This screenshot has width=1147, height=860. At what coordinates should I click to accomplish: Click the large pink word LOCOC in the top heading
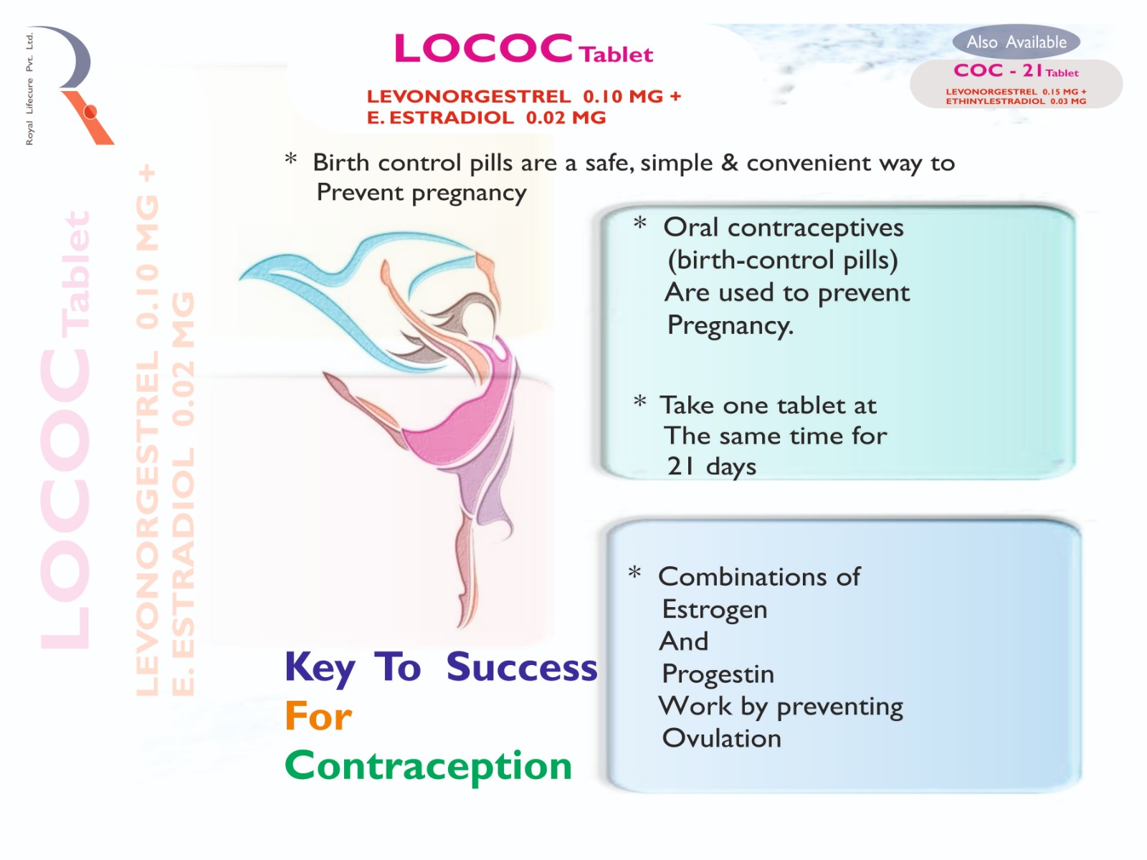point(483,48)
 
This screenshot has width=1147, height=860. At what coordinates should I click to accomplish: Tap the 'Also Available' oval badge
point(1017,42)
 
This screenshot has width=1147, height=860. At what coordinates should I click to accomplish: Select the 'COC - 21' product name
point(998,70)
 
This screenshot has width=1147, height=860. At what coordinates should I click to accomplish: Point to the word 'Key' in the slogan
point(320,668)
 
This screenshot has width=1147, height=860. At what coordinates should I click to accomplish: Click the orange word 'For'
point(318,717)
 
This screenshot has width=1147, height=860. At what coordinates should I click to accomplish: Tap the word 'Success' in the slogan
point(521,666)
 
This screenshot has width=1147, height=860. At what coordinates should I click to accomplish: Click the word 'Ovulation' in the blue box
point(722,738)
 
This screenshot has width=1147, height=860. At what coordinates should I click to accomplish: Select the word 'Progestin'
point(718,674)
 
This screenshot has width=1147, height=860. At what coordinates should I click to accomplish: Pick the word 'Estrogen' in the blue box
point(714,610)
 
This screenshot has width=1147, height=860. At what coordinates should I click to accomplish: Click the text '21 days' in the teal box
point(711,467)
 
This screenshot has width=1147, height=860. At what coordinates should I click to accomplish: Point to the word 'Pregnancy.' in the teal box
point(730,325)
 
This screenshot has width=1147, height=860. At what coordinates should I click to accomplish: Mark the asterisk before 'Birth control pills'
point(290,158)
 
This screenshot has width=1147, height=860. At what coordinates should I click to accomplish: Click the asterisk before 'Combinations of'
point(634,573)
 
